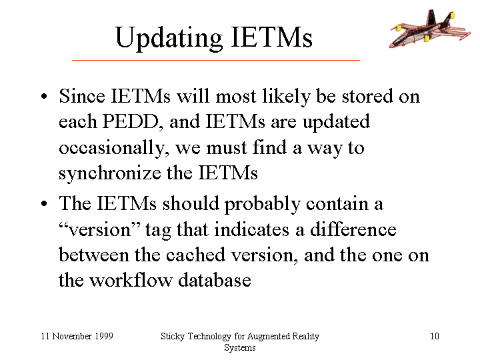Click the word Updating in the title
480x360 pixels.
169,38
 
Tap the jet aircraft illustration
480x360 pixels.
430,29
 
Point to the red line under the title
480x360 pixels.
216,60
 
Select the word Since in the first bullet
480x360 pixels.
82,96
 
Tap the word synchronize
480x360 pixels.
110,173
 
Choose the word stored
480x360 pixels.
367,96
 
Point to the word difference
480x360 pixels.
353,229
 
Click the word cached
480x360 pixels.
195,255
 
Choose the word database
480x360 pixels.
215,280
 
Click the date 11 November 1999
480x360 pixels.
77,336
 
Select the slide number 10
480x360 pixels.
435,336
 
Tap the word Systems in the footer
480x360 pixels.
240,348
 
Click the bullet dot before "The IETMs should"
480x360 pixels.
44,203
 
